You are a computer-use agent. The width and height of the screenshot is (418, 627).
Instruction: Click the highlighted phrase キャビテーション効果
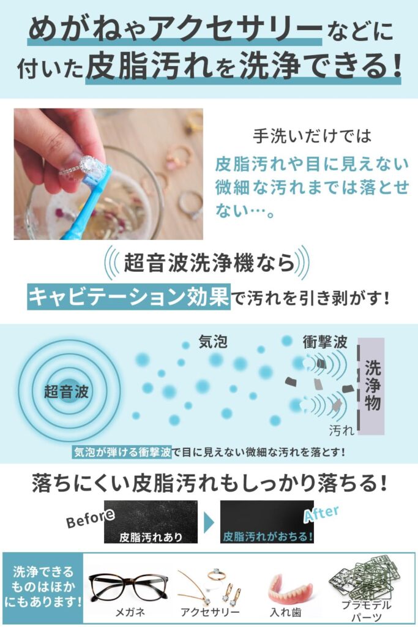click(x=129, y=297)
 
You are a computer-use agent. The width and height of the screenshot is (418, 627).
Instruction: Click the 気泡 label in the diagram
click(x=213, y=342)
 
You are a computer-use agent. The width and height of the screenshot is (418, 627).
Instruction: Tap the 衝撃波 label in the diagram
click(x=325, y=342)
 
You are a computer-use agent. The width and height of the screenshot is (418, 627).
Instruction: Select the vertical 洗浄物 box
click(x=372, y=386)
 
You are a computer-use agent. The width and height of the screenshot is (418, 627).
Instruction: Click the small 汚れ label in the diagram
click(x=341, y=430)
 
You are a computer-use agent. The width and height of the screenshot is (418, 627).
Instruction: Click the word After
click(x=321, y=514)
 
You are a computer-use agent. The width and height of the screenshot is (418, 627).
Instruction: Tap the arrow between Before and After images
click(x=209, y=522)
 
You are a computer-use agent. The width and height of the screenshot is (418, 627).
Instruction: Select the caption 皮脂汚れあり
click(x=151, y=537)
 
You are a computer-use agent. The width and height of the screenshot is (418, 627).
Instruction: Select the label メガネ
click(x=130, y=612)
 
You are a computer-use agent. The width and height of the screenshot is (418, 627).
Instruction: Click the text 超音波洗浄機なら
click(x=209, y=263)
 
